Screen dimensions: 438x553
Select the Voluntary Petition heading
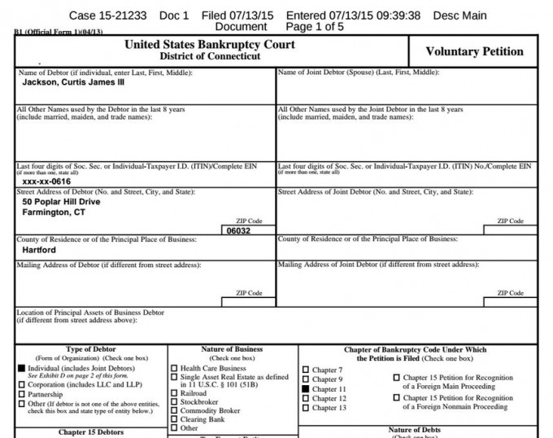[475, 51]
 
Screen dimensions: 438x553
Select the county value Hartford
[39, 251]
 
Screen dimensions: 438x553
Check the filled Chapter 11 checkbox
[306, 390]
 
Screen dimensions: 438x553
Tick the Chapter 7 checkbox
[306, 370]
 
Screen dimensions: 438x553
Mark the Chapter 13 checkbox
[306, 408]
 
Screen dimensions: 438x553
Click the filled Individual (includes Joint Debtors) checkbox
[22, 368]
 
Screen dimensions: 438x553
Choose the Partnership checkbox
[22, 394]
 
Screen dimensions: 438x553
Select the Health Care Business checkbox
[174, 368]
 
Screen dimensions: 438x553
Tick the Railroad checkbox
[174, 393]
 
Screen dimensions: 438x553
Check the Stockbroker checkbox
[174, 402]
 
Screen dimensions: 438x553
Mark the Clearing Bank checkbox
[174, 419]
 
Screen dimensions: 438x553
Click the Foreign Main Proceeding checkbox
[397, 378]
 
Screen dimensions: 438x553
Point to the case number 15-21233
[119, 15]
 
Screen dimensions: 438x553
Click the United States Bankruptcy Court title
[210, 45]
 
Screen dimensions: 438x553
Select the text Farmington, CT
[54, 212]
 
